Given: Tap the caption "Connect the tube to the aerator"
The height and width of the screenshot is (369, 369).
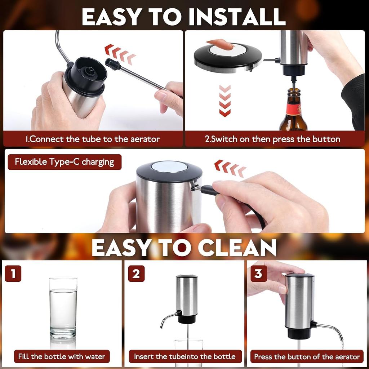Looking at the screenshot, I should (x=93, y=139).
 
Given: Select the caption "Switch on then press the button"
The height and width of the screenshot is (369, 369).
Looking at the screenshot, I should (x=272, y=139).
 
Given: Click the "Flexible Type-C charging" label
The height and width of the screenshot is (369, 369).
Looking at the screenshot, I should (x=65, y=162).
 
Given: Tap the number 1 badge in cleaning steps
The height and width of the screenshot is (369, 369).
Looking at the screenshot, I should (x=13, y=274).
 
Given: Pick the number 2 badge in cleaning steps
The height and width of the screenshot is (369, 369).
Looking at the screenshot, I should (x=136, y=274).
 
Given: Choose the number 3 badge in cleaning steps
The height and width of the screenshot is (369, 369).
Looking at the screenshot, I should (x=258, y=274).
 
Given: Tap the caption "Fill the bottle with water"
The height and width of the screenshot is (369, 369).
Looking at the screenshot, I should (x=62, y=357).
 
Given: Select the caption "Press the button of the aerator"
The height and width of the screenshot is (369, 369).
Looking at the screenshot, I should (x=307, y=357).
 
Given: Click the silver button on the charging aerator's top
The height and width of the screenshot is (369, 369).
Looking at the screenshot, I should (x=169, y=166).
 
